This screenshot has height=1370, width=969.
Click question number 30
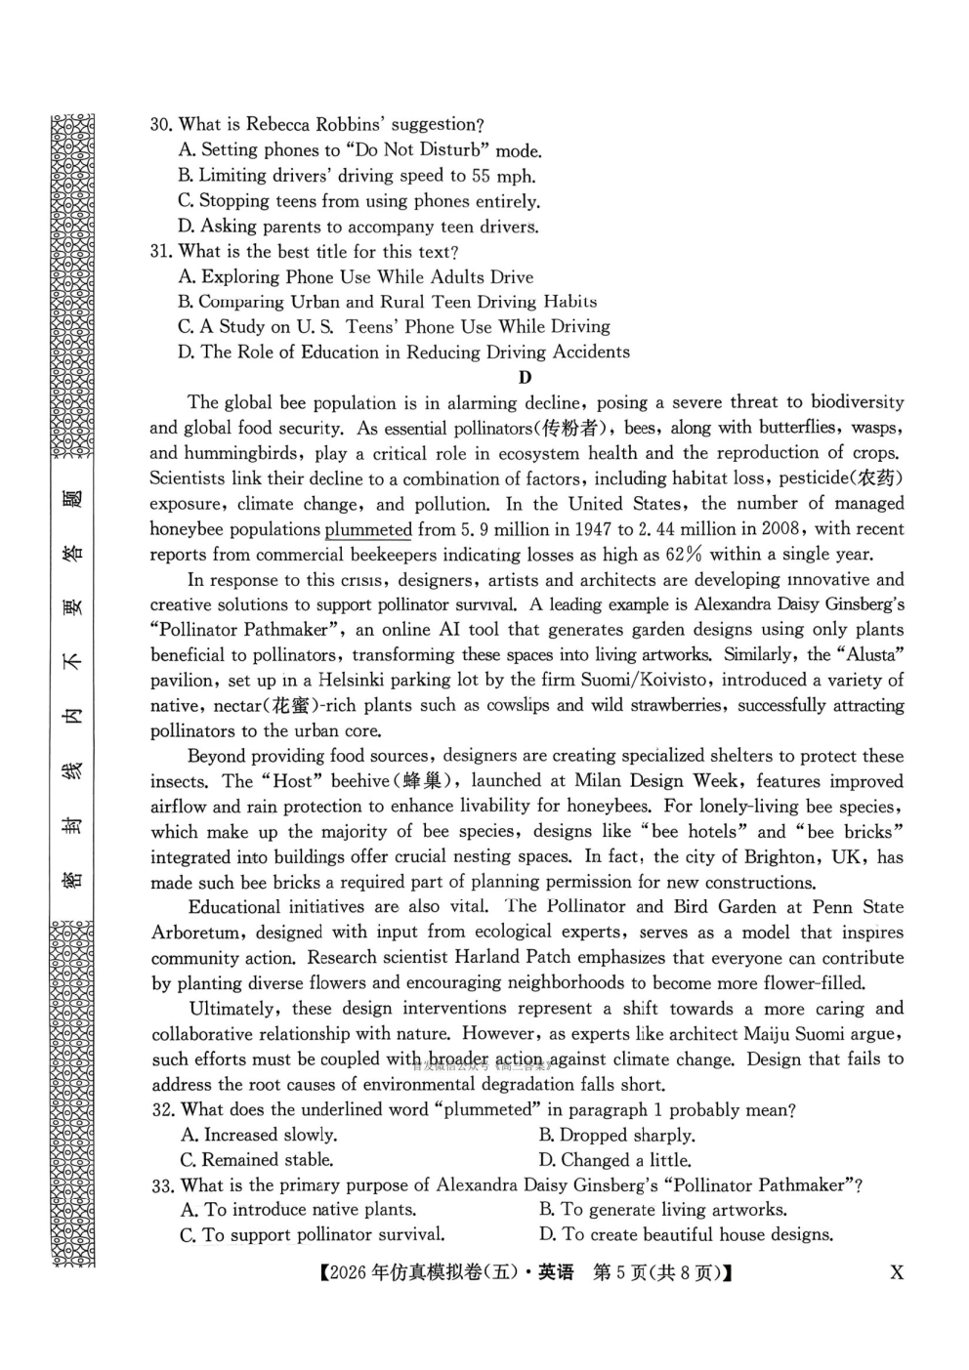coord(161,125)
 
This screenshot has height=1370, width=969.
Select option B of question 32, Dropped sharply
coord(616,1136)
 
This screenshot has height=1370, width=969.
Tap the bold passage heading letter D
coord(526,378)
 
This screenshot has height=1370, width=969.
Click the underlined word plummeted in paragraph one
coord(368,529)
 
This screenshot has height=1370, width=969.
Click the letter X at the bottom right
coord(897,1272)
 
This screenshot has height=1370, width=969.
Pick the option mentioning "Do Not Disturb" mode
coord(359,150)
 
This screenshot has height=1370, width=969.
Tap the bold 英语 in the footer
coord(556,1272)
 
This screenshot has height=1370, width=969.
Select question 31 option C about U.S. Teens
coord(394,327)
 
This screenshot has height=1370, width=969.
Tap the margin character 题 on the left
coord(72,499)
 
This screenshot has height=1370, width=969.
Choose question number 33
coord(163,1185)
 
